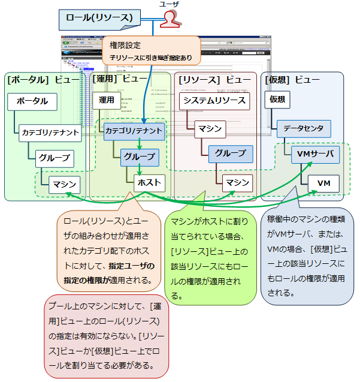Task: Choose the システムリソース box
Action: pos(214,100)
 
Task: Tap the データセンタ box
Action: pos(304,128)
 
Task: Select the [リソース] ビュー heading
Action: pos(214,79)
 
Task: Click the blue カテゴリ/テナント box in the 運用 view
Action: pos(134,130)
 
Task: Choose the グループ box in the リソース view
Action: pos(230,154)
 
